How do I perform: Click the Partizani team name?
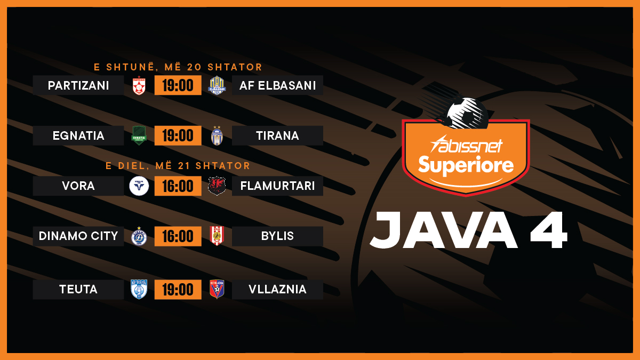(x=78, y=85)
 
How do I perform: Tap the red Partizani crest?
(x=139, y=85)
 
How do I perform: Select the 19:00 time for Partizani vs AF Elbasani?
(x=178, y=85)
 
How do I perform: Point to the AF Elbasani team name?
(x=277, y=85)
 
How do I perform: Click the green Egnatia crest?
(x=139, y=135)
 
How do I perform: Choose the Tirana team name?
(x=277, y=135)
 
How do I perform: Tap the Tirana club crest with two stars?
(x=217, y=135)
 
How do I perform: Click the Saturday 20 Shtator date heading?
(x=178, y=67)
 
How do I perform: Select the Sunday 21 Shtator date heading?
(x=178, y=166)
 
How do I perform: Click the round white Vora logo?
(x=139, y=186)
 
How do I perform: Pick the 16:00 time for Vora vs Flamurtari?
(x=178, y=186)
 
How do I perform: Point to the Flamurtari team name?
(x=277, y=186)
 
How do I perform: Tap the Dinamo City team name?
(x=78, y=236)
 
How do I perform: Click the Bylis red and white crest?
(x=217, y=236)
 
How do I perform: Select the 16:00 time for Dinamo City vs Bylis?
(x=178, y=236)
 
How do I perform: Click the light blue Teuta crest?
(x=139, y=289)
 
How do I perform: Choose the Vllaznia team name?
(x=277, y=290)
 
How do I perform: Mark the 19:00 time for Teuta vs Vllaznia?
(x=178, y=290)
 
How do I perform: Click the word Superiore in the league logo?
(x=466, y=165)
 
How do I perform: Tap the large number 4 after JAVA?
(x=549, y=230)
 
